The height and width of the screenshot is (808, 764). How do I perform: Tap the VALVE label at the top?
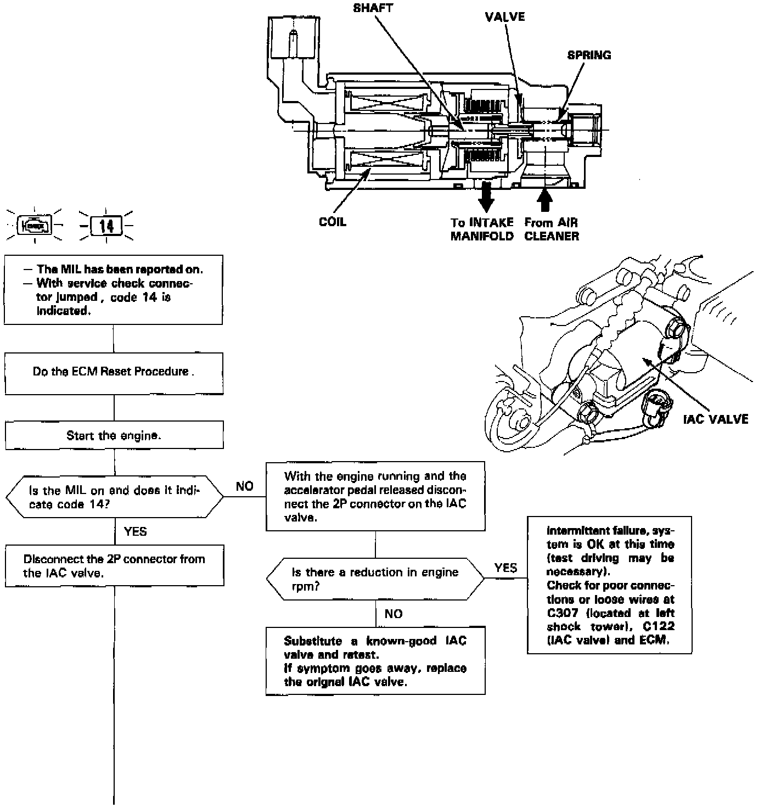tap(504, 17)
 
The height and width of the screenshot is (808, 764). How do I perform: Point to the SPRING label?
tap(589, 55)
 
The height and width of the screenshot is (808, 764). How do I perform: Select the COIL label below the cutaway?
tap(333, 222)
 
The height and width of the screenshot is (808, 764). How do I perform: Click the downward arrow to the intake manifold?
tap(486, 198)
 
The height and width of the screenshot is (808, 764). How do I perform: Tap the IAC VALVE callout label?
tap(715, 419)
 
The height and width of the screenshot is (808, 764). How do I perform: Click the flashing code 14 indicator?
tap(106, 225)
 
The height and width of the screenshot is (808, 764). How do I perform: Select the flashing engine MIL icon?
tap(35, 225)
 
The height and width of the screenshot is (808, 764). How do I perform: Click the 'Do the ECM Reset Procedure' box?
tap(114, 372)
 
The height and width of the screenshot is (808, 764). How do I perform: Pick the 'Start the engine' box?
tap(114, 436)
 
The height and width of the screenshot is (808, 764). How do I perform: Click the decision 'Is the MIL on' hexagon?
tap(114, 497)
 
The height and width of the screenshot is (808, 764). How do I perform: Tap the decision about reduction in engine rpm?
tap(375, 579)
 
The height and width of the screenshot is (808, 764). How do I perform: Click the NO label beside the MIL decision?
tap(245, 486)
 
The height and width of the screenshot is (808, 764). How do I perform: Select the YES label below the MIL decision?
tap(135, 531)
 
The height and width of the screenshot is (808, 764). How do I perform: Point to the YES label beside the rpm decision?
tap(505, 568)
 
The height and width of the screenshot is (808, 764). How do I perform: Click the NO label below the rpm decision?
tap(394, 614)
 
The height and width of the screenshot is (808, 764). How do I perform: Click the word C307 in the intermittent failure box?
tap(562, 613)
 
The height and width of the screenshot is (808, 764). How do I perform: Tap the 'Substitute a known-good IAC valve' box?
tap(375, 661)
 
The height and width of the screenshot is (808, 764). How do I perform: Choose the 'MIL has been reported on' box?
tap(114, 289)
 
